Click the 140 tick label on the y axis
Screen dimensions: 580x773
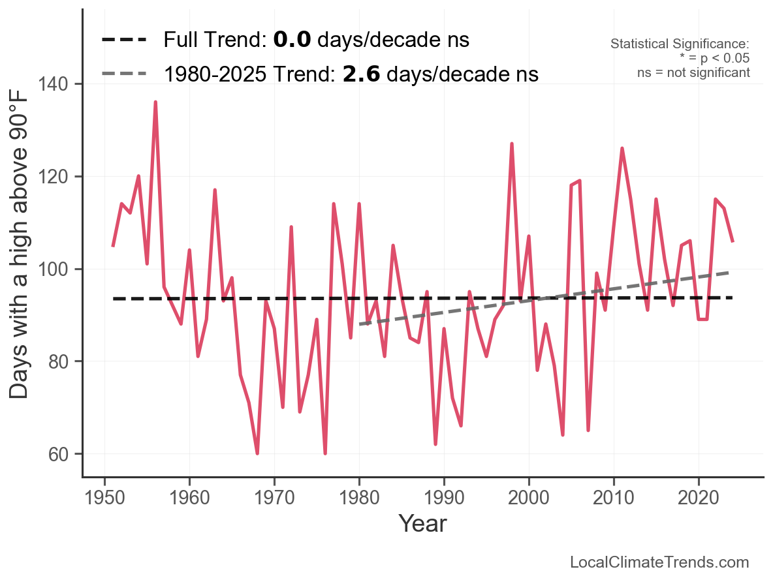[61, 85]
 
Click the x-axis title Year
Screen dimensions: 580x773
[422, 523]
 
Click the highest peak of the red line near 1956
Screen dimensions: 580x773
[155, 102]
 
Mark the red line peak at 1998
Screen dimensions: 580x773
[512, 144]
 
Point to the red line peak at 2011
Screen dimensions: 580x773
[622, 149]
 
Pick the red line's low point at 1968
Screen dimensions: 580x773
[257, 453]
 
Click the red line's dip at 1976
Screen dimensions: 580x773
[325, 453]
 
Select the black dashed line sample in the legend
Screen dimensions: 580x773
[124, 40]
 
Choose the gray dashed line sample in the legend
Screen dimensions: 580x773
[124, 74]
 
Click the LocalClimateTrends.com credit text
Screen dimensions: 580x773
[659, 562]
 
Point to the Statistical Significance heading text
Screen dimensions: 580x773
[680, 44]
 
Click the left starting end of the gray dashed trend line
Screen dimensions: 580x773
[360, 324]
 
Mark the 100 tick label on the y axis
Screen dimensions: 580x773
[61, 269]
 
